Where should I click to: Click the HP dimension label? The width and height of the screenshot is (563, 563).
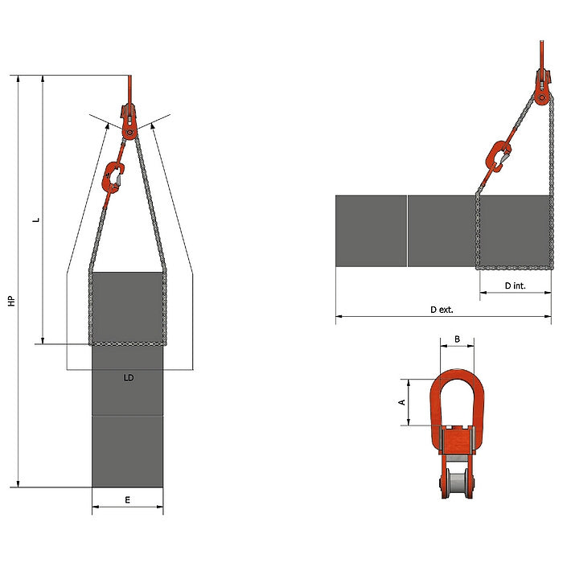12,301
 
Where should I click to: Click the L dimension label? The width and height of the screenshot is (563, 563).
36,220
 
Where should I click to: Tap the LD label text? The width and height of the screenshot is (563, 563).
129,378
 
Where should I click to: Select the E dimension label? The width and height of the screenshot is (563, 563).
127,499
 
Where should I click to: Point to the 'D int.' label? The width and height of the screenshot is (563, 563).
515,286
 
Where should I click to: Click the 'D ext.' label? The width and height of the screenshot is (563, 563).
442,310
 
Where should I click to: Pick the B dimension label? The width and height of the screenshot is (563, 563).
457,339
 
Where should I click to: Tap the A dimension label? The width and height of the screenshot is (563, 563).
402,402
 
